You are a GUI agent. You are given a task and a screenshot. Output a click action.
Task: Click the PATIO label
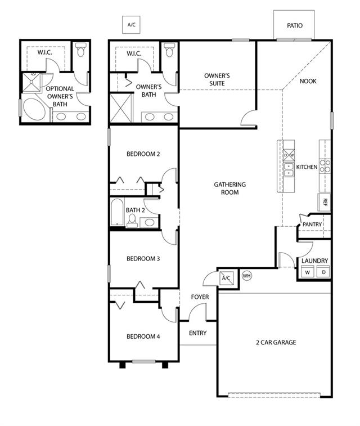point(295,25)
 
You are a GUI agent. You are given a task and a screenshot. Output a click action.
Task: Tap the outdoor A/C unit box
point(131,25)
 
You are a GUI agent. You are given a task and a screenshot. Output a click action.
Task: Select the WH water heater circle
point(246,276)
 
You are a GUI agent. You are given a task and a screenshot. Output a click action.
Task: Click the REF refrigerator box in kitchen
point(324,203)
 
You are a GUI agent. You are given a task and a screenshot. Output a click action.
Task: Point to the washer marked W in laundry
point(308,272)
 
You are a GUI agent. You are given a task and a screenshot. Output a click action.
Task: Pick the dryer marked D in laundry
point(323,272)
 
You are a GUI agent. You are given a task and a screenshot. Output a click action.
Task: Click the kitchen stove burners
point(325,166)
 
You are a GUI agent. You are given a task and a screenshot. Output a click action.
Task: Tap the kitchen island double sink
point(289,169)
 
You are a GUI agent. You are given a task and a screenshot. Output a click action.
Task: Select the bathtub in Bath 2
point(118,212)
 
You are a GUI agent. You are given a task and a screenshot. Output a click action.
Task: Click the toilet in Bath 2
point(132,221)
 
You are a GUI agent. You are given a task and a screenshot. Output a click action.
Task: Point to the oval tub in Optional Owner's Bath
point(34,109)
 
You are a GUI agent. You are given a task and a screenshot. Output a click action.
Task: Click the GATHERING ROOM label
point(230,189)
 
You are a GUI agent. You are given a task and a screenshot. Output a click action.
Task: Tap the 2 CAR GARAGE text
point(276,342)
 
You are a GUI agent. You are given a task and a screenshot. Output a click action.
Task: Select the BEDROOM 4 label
point(143,337)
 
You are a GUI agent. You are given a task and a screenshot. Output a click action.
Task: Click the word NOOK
point(308,81)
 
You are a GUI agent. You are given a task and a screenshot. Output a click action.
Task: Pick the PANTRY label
point(312,225)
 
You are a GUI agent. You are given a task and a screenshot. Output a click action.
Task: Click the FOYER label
point(200,297)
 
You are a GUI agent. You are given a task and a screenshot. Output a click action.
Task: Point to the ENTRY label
point(197,333)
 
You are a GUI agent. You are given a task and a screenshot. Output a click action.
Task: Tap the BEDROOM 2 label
point(143,154)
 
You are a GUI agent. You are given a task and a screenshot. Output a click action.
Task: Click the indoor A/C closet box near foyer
point(226,277)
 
